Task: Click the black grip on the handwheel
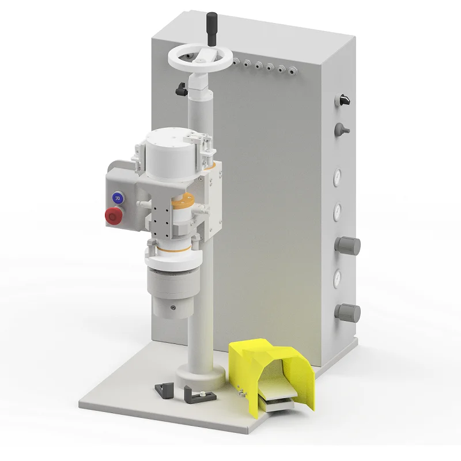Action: (x=211, y=29)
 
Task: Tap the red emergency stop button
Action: (x=114, y=216)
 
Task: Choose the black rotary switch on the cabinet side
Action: (x=343, y=100)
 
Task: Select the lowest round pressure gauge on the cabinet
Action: (x=337, y=279)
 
